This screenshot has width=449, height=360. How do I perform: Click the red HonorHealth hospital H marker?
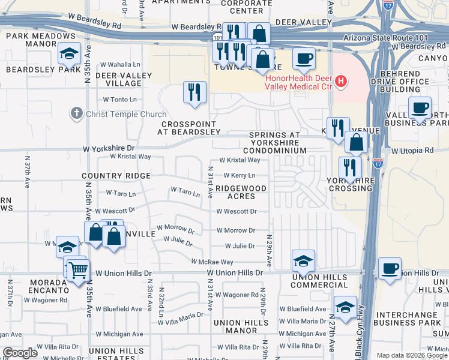[x=341, y=80]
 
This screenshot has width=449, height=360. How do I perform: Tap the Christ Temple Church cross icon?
[x=76, y=113]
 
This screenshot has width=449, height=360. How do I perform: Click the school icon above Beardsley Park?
[x=70, y=54]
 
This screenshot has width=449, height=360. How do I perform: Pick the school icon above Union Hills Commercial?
[x=303, y=261]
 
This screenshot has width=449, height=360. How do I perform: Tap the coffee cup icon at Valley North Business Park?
[x=420, y=109]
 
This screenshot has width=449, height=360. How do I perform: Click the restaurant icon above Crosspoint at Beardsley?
[x=193, y=92]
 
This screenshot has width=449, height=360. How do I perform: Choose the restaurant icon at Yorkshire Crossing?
[x=349, y=168]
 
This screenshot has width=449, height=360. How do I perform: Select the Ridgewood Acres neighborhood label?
[x=240, y=192]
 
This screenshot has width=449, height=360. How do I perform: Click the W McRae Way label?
[x=212, y=262]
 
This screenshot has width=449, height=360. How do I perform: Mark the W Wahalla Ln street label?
[x=120, y=65]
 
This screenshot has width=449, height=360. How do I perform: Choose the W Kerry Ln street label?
[x=240, y=175]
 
